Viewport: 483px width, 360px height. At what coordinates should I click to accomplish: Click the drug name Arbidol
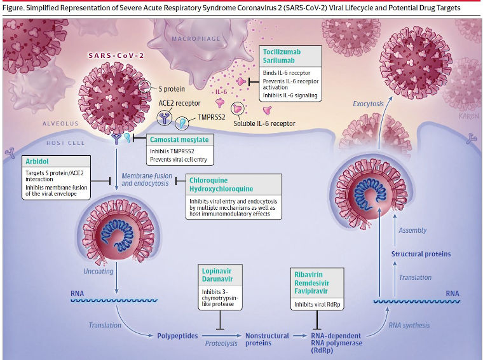pyautogui.click(x=38, y=161)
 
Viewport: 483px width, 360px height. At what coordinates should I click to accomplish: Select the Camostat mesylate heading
pyautogui.click(x=179, y=139)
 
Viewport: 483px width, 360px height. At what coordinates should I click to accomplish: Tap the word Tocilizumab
pyautogui.click(x=284, y=51)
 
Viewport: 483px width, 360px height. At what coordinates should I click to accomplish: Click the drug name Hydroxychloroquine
pyautogui.click(x=221, y=189)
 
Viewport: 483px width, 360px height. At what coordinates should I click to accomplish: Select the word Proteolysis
pyautogui.click(x=221, y=343)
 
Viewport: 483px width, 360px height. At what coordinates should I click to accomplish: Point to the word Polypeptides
pyautogui.click(x=179, y=336)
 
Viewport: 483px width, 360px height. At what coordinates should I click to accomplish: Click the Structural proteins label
pyautogui.click(x=421, y=254)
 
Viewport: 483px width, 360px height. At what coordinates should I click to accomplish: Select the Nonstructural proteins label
pyautogui.click(x=267, y=339)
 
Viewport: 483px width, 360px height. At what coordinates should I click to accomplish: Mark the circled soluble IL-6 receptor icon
pyautogui.click(x=238, y=109)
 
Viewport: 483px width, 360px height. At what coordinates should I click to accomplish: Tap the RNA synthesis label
pyautogui.click(x=409, y=325)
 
